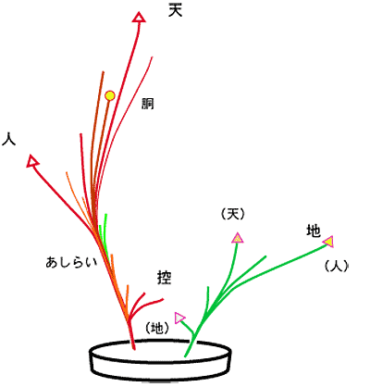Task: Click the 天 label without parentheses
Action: [176, 10]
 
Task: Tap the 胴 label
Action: [148, 104]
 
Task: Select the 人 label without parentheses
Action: [8, 139]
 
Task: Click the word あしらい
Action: [71, 262]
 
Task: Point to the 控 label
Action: [165, 278]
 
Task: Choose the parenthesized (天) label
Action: [233, 214]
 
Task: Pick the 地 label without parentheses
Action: [314, 231]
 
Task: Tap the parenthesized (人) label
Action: [337, 266]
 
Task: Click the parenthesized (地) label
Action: [157, 328]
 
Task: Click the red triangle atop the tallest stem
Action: [139, 18]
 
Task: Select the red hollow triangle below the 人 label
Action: [32, 161]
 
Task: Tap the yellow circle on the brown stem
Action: [110, 95]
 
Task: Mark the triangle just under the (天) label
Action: [238, 238]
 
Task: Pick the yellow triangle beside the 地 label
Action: [328, 242]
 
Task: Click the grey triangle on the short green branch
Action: [179, 318]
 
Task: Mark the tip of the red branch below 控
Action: [163, 299]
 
